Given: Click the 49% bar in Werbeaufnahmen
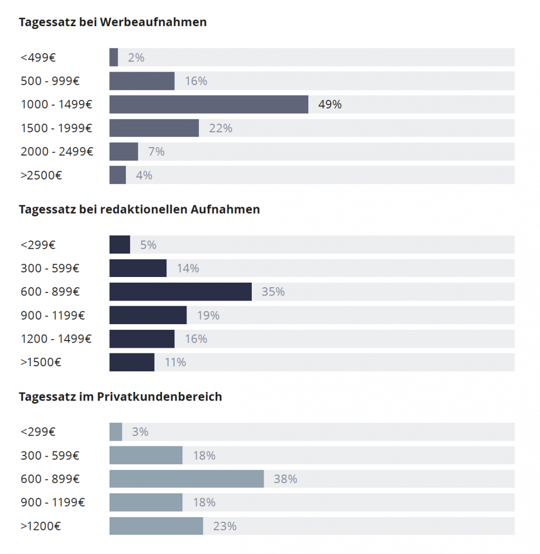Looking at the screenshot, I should pyautogui.click(x=209, y=104).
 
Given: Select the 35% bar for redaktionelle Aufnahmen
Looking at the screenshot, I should pyautogui.click(x=180, y=291).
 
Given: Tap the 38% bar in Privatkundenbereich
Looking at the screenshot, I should pyautogui.click(x=187, y=479).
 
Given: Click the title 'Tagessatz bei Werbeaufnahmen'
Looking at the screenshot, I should pyautogui.click(x=113, y=22).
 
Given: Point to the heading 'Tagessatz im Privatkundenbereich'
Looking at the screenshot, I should pyautogui.click(x=120, y=397).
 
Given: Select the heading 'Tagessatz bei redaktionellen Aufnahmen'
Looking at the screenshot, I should pyautogui.click(x=139, y=209).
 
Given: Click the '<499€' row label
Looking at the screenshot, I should pyautogui.click(x=38, y=57).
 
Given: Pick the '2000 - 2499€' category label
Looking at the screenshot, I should pyautogui.click(x=57, y=151).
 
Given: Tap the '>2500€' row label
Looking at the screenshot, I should pyautogui.click(x=41, y=175).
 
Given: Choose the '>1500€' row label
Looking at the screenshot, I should pyautogui.click(x=41, y=362).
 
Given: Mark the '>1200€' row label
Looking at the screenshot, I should pyautogui.click(x=41, y=526).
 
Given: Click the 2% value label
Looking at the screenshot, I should pyautogui.click(x=136, y=57).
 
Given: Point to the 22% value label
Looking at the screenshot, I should pyautogui.click(x=220, y=128).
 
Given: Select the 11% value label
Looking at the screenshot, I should pyautogui.click(x=175, y=362).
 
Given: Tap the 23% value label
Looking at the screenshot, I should pyautogui.click(x=225, y=526).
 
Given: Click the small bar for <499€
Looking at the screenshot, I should pyautogui.click(x=114, y=57).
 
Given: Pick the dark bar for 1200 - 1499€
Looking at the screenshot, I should pyautogui.click(x=142, y=339).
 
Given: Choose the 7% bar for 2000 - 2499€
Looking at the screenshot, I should pyautogui.click(x=123, y=151).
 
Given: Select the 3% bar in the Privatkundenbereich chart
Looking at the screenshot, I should pyautogui.click(x=116, y=432).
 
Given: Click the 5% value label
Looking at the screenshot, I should pyautogui.click(x=148, y=245).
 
